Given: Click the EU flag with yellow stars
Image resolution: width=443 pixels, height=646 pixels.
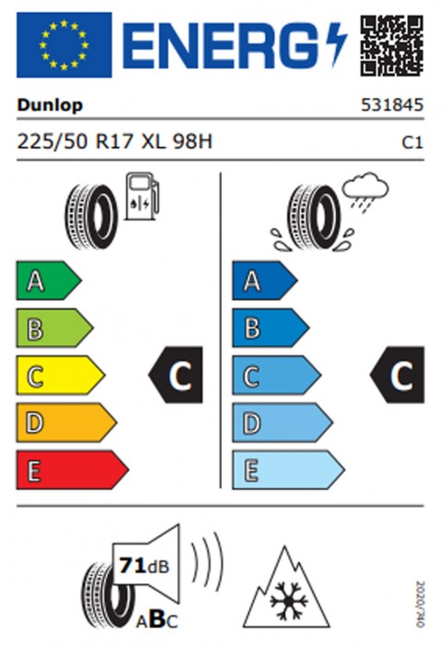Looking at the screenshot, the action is point(64,45).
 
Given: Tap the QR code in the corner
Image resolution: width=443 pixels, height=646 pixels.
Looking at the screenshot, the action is point(392,45).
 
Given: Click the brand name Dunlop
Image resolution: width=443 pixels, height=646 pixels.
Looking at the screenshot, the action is point(50,105).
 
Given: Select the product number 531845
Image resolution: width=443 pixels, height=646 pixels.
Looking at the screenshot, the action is point(392,104).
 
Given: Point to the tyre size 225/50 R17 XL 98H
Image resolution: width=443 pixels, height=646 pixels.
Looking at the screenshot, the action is point(114,142).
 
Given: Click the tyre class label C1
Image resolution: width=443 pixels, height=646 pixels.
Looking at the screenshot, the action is point(413,142).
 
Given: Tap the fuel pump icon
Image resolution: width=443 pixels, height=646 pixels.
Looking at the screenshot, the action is point(142,196).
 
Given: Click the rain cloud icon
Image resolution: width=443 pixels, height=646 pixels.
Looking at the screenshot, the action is point(365,192).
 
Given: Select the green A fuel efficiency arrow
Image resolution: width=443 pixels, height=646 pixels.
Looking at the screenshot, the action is point(49,281).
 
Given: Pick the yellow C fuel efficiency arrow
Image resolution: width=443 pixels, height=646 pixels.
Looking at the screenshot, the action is point(61,376).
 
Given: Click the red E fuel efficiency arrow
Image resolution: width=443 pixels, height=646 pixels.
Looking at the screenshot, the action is point(73,470).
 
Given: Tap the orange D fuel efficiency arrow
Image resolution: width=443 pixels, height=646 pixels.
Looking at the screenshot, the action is point(66,423).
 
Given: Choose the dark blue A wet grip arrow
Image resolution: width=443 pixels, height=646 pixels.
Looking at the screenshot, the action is point(265,281).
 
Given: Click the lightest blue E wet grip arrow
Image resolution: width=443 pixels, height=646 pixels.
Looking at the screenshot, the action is point(289,470).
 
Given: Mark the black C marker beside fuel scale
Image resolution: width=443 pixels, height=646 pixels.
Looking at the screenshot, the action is point(175,375).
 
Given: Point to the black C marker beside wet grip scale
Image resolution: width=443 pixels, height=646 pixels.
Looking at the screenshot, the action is point(397,375).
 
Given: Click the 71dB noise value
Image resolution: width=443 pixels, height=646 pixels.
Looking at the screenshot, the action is point(144,566).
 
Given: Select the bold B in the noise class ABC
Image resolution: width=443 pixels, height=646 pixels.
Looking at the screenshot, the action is point(157,619).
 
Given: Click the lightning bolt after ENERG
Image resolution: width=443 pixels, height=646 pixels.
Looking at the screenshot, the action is point(337,45).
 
